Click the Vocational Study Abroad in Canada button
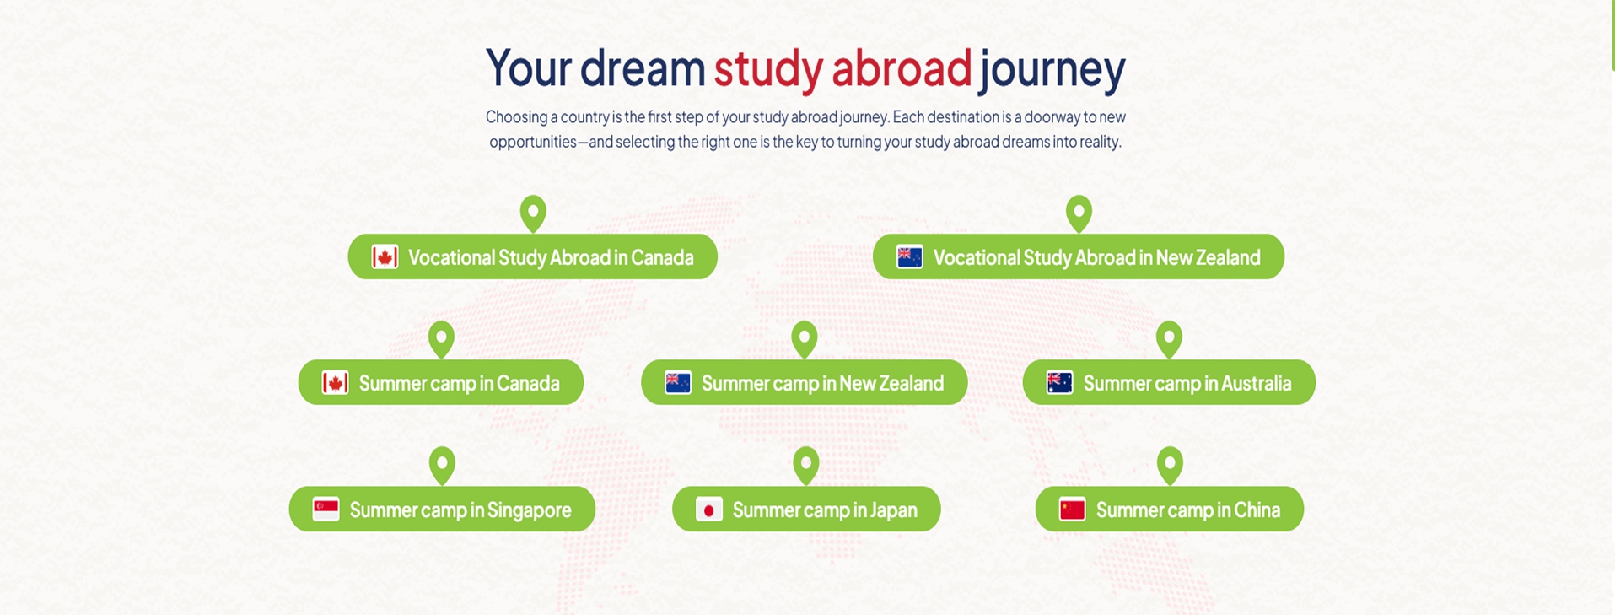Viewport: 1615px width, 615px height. pos(532,256)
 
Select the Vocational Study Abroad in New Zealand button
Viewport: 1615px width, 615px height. pos(1078,256)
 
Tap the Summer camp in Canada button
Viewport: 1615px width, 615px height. pos(440,382)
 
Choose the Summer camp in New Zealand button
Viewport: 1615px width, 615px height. pos(804,382)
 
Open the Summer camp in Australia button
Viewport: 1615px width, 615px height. pos(1169,382)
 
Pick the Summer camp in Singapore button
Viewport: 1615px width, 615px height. pos(442,509)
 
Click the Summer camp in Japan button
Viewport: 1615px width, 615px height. pos(806,509)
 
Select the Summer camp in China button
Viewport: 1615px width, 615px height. pos(1169,509)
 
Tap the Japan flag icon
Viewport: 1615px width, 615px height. pos(708,510)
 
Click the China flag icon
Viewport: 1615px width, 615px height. pos(1072,510)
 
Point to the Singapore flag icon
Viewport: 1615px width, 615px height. pos(326,510)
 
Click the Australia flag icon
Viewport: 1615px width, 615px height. pos(1059,383)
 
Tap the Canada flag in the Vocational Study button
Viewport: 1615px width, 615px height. pos(385,257)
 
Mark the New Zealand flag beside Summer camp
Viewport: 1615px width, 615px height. pos(677,383)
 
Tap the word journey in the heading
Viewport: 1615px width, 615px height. pos(1052,68)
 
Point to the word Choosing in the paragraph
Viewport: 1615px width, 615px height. pos(516,117)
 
